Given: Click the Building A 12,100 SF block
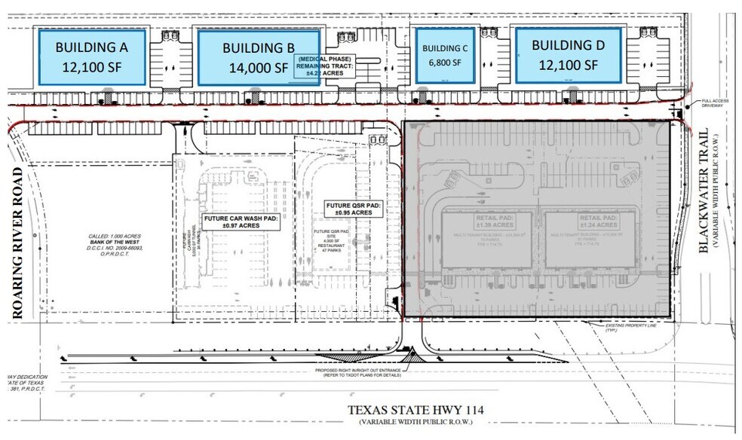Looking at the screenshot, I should [x=91, y=57].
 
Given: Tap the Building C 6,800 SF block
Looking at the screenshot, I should [x=444, y=56].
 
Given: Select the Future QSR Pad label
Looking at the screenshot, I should [x=354, y=209].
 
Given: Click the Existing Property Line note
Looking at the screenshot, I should [x=630, y=328].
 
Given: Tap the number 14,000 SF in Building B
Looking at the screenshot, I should [x=258, y=68].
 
